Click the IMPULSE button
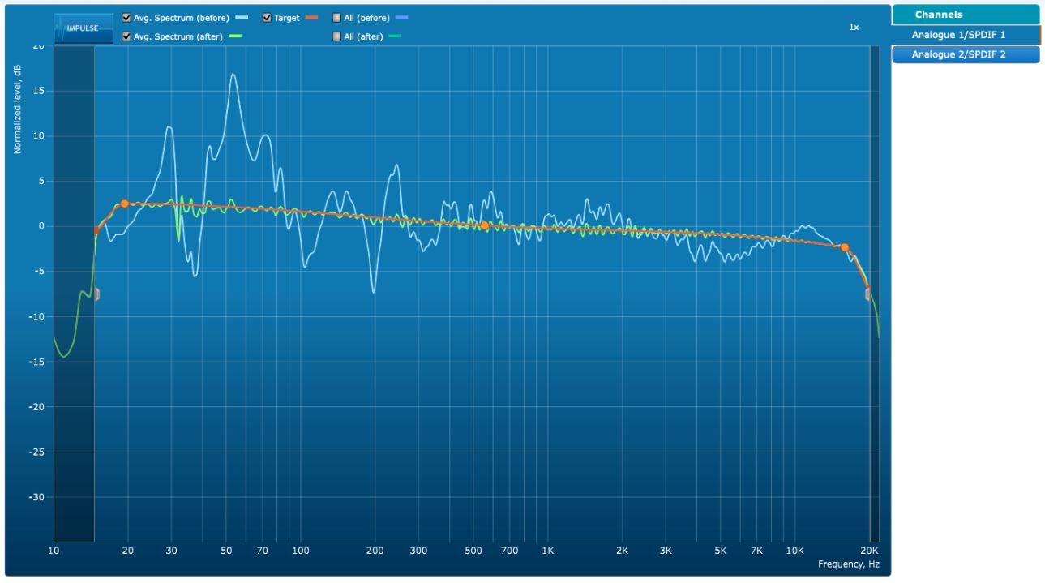84,28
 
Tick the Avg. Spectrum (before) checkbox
126,18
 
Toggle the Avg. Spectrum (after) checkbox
126,36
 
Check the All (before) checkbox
337,18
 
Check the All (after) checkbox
337,36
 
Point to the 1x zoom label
854,28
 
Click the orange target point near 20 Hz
124,204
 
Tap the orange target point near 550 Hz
484,225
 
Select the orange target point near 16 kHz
844,247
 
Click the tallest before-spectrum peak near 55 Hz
233,75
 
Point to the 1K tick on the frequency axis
547,551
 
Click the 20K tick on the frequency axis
870,551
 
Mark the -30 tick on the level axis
39,497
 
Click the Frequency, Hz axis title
848,564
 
